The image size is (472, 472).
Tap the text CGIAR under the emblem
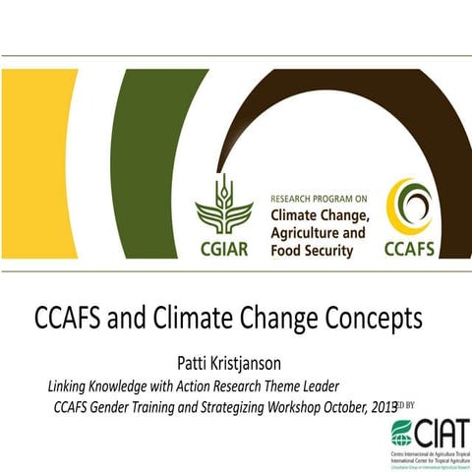223,245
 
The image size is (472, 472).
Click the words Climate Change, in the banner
319,214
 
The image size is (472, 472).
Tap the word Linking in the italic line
74,384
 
